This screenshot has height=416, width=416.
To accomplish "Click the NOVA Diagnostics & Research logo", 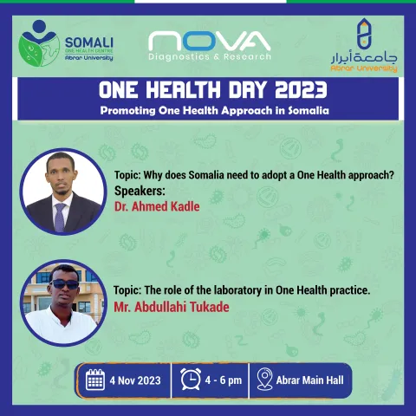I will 208,46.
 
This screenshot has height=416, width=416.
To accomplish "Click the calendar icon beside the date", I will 95,380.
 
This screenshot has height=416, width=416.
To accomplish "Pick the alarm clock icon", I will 192,380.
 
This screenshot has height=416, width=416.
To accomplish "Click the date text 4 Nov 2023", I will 135,380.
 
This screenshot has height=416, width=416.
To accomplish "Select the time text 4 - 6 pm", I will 223,380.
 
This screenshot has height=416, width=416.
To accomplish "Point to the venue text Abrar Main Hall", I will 309,380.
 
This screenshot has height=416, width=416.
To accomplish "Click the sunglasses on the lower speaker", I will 63,284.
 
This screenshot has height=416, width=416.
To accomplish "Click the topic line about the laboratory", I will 242,289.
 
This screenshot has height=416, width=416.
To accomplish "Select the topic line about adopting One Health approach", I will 254,173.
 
